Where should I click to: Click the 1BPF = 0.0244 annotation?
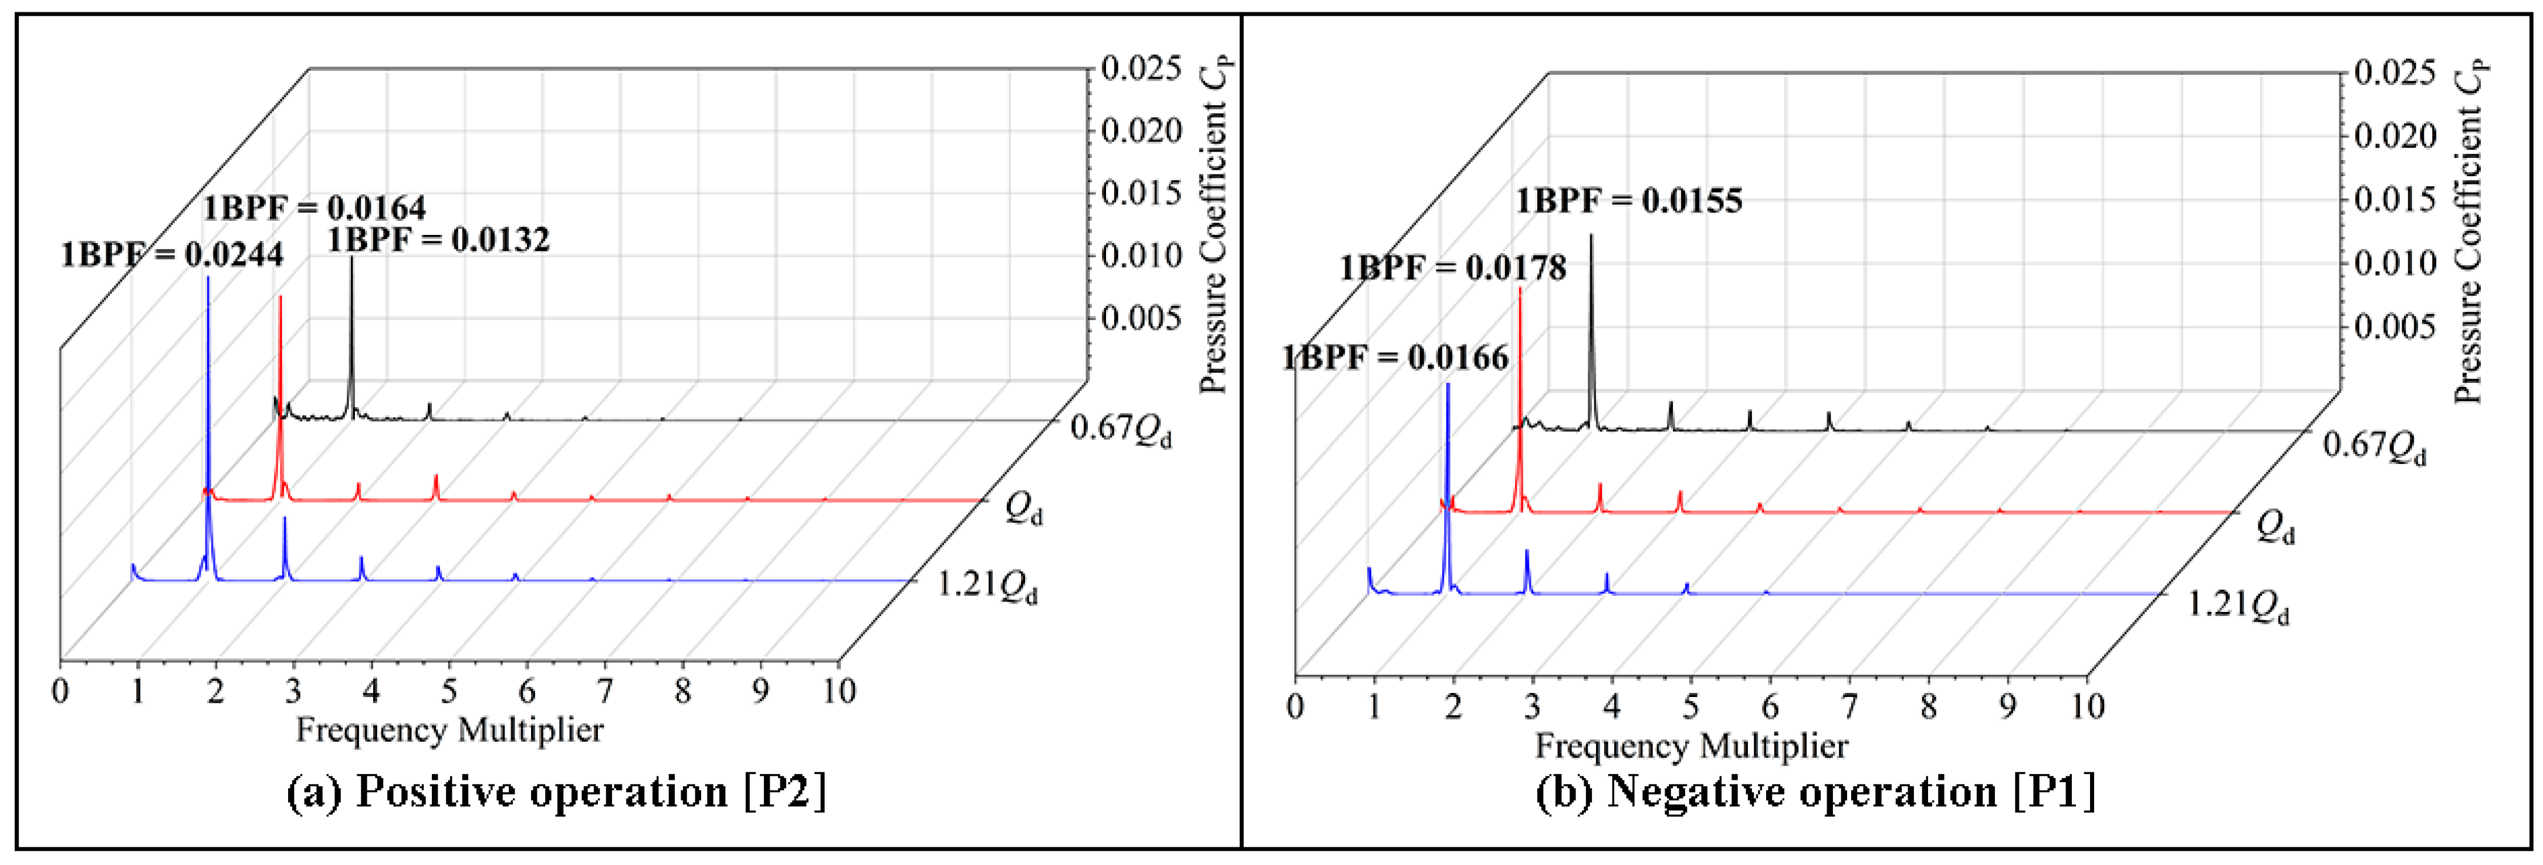(172, 255)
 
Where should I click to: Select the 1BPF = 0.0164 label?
(315, 208)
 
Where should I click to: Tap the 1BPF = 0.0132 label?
(438, 240)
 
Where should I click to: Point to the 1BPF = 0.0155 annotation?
(1629, 201)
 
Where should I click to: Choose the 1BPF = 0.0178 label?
(1452, 268)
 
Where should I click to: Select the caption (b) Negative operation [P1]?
(1814, 792)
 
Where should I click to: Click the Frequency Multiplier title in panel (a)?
(449, 730)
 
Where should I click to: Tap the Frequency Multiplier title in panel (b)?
(1691, 746)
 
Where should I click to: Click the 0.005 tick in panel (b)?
(2395, 327)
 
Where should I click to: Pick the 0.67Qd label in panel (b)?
(2373, 446)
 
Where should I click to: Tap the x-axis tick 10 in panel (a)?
(839, 690)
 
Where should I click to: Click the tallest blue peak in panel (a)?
(207, 281)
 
